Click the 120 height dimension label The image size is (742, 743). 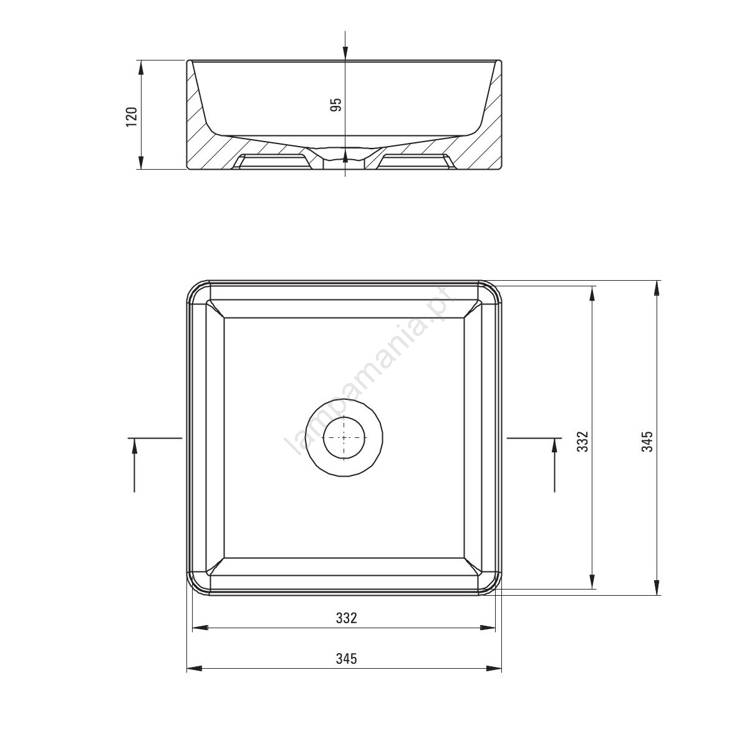click(132, 117)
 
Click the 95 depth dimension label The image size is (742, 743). click(335, 105)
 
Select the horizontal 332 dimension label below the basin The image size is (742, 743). click(346, 618)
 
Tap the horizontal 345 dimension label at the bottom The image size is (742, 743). click(346, 659)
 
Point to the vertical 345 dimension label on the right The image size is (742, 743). click(647, 440)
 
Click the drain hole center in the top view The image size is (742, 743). click(344, 437)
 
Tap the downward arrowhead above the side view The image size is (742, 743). click(345, 53)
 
